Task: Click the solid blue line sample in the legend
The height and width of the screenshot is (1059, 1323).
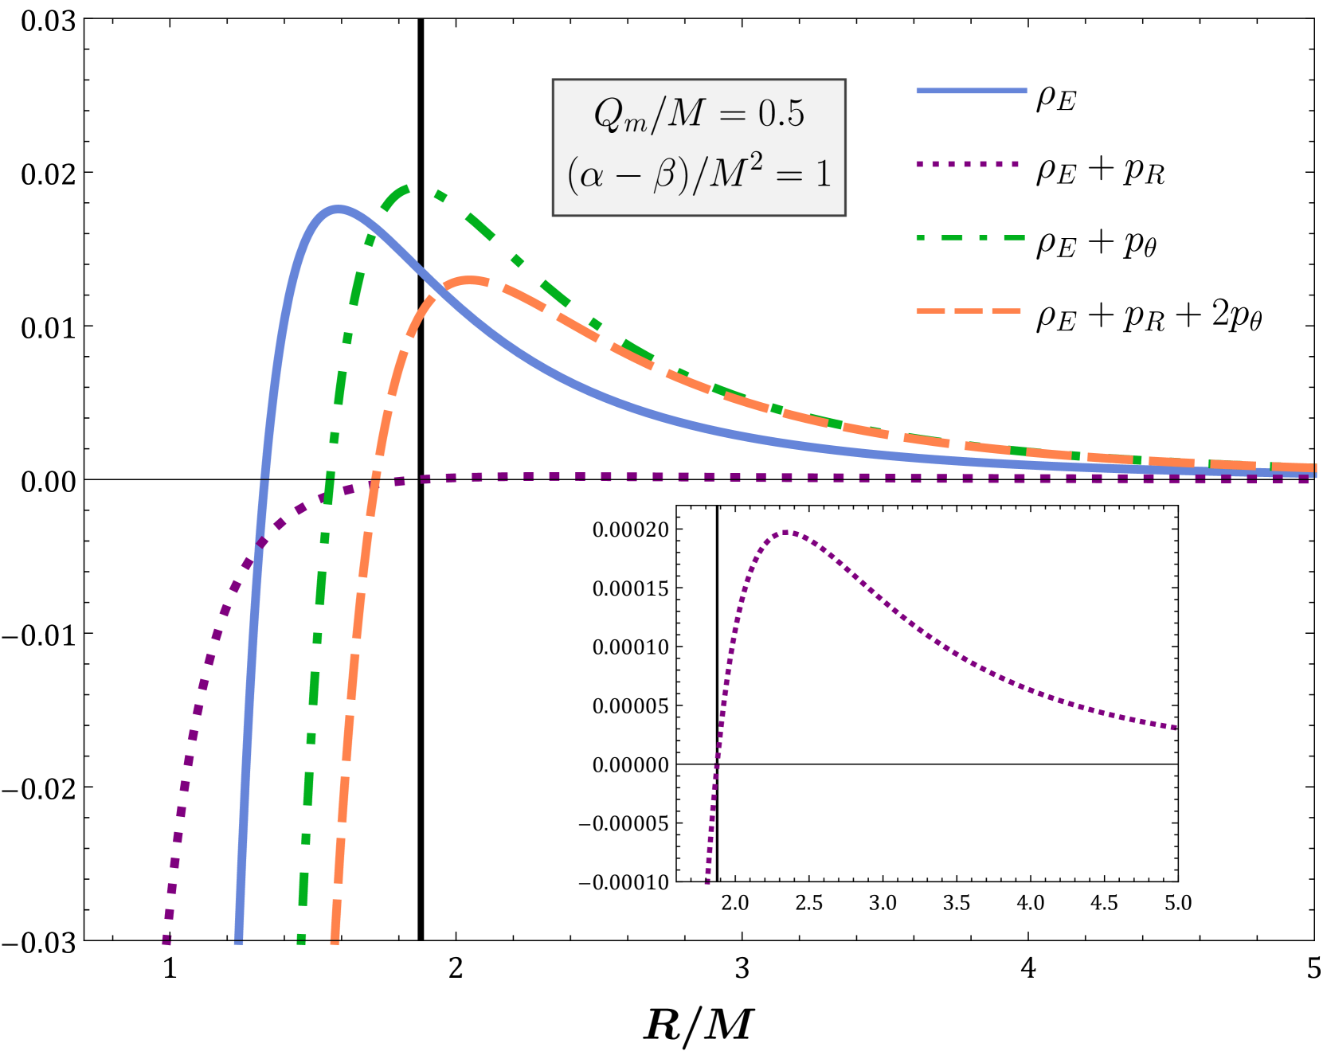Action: click(x=971, y=91)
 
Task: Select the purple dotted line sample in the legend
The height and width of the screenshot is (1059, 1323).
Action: click(x=968, y=164)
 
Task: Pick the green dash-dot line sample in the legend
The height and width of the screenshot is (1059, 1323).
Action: click(x=970, y=237)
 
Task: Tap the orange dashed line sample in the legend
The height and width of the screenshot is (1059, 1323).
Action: click(x=969, y=311)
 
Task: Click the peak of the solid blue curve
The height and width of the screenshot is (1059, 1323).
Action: click(x=339, y=209)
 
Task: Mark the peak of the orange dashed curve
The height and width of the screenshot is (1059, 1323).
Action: click(x=471, y=279)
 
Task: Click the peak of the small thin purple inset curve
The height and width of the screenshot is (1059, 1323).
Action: click(x=786, y=532)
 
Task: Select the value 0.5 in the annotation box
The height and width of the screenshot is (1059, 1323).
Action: click(x=781, y=115)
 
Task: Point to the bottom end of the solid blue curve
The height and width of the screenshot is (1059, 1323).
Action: click(x=238, y=940)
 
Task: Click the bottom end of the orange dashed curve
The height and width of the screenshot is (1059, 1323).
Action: click(x=335, y=940)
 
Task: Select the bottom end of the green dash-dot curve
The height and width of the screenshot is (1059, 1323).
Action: click(x=301, y=940)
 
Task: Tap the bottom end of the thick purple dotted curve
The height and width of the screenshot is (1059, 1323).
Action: click(x=166, y=940)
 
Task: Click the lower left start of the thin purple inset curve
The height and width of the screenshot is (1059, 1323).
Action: click(x=707, y=882)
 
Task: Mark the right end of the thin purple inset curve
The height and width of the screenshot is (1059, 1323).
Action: click(x=1175, y=727)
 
